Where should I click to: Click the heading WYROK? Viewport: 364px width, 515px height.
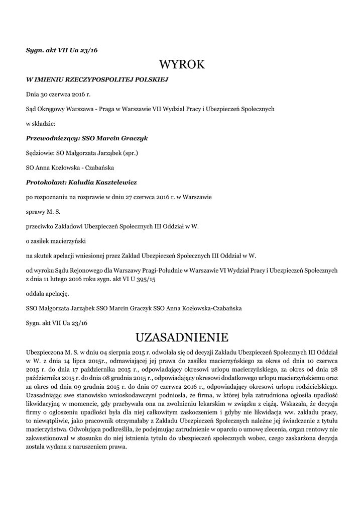[x=182, y=64]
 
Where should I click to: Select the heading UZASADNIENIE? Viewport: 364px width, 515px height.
[x=182, y=335]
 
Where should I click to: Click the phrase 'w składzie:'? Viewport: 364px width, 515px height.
[x=41, y=123]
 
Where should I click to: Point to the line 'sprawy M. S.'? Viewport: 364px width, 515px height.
[x=43, y=212]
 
